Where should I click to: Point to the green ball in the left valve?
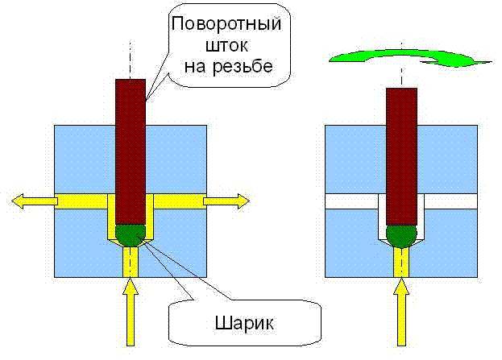point(130,234)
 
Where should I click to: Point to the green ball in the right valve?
point(401,235)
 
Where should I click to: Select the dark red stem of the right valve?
point(401,153)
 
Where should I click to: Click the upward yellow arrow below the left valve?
point(129,315)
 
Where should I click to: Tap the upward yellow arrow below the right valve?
point(401,315)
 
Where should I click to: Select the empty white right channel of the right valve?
point(451,201)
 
